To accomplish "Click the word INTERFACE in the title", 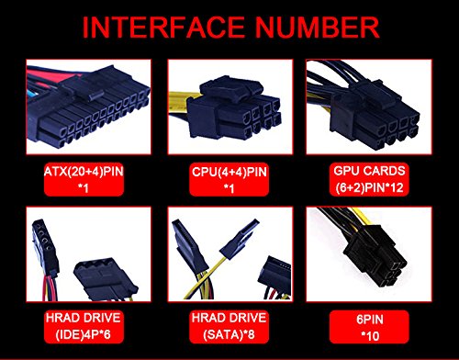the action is point(163,27).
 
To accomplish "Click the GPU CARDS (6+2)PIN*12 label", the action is point(369,179).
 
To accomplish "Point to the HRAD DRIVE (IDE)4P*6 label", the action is point(84,326).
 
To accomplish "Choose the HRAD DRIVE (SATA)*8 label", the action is point(229,326).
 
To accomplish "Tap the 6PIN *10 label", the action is point(370,328).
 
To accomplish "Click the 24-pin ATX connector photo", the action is point(89,107).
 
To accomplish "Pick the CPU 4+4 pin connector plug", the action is point(234,108).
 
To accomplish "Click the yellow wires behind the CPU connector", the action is point(178,104).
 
